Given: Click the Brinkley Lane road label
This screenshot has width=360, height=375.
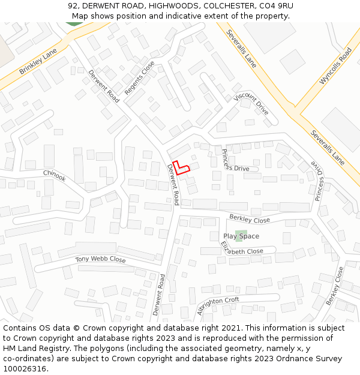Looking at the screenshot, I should [38, 61].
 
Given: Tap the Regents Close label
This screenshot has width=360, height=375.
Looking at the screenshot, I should [140, 78].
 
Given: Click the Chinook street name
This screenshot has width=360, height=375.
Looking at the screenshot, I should [54, 175].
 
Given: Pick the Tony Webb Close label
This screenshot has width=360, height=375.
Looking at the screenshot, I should [100, 260].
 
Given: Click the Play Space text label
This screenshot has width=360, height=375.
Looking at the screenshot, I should [241, 236].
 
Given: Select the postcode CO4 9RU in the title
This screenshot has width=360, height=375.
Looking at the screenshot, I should [277, 6].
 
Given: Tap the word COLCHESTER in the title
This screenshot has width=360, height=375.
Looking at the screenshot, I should [223, 6].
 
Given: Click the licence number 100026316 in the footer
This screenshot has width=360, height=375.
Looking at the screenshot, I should [25, 368].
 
